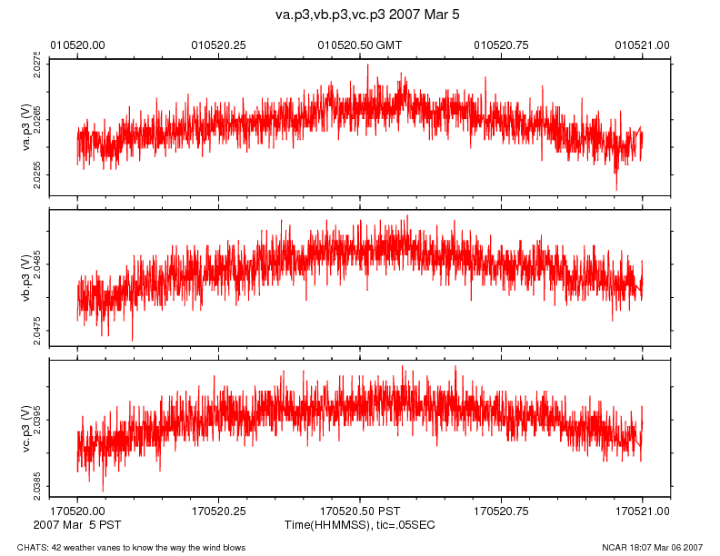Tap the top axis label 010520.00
[77, 45]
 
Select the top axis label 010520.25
[218, 45]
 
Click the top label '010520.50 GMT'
[359, 45]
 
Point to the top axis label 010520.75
[502, 45]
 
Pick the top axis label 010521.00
[643, 45]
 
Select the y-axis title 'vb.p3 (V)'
[26, 278]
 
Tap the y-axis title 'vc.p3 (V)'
[26, 428]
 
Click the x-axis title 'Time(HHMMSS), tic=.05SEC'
[361, 525]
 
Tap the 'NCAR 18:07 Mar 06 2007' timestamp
[653, 547]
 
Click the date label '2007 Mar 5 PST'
[76, 525]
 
